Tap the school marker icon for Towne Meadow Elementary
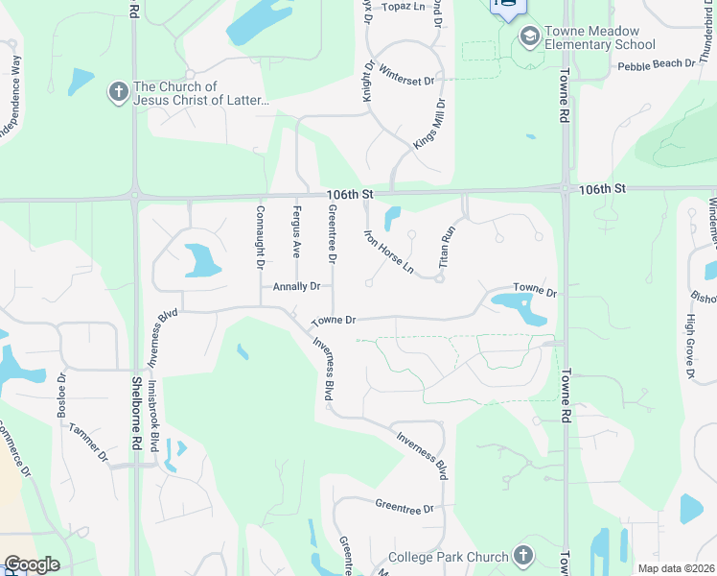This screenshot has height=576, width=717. pyautogui.click(x=528, y=36)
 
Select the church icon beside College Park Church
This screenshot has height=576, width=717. pyautogui.click(x=522, y=556)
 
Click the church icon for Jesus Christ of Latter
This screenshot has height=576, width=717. pyautogui.click(x=118, y=92)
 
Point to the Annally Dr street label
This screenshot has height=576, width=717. pyautogui.click(x=296, y=286)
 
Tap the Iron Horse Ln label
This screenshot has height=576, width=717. pyautogui.click(x=388, y=252)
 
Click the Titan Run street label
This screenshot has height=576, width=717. pyautogui.click(x=447, y=246)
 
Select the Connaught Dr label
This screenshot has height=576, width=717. pyautogui.click(x=260, y=236)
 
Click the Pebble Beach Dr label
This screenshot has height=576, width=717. pyautogui.click(x=656, y=64)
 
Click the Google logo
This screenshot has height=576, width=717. pyautogui.click(x=32, y=564)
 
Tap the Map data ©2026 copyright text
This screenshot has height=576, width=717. pyautogui.click(x=676, y=568)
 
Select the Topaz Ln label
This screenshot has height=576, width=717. pyautogui.click(x=404, y=6)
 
